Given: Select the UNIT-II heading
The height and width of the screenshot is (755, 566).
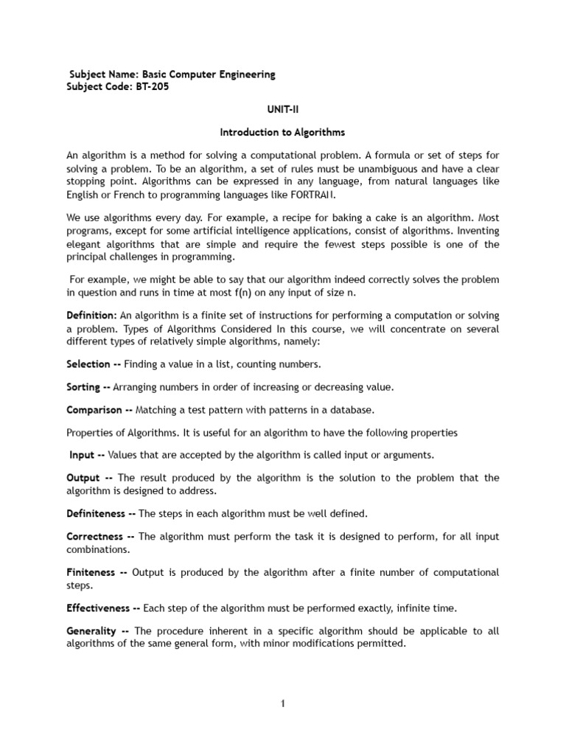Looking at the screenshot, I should pyautogui.click(x=283, y=109).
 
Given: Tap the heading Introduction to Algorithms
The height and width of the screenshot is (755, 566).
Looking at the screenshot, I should pyautogui.click(x=283, y=133).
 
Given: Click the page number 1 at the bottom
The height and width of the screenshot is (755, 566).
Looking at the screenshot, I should pyautogui.click(x=282, y=704).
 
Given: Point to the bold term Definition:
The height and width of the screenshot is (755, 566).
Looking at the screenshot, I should pyautogui.click(x=91, y=316).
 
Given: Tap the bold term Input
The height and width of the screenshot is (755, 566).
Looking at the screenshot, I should pyautogui.click(x=82, y=456).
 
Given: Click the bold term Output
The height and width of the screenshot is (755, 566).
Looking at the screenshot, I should pyautogui.click(x=83, y=478).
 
